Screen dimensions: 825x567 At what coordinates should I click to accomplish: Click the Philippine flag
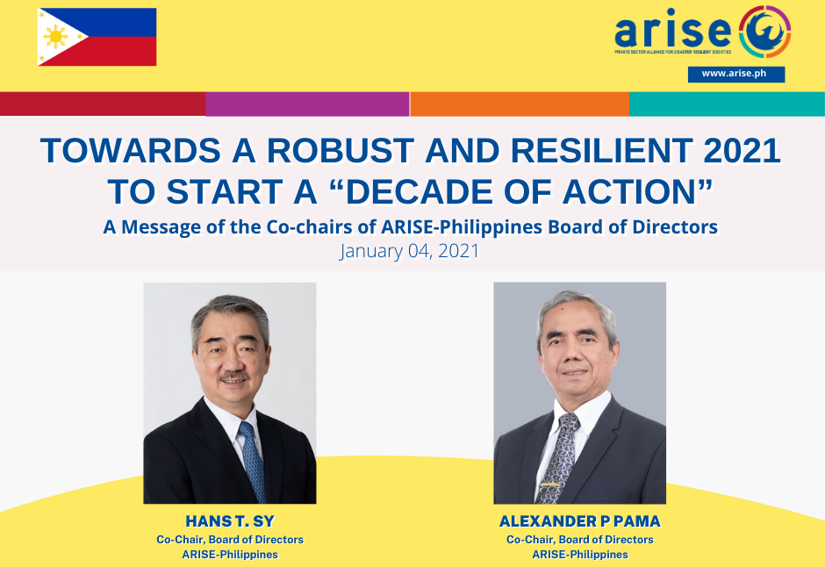coord(97,37)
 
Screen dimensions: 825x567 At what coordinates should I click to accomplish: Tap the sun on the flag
coord(55,37)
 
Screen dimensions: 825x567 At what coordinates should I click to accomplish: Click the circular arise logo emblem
coord(764,32)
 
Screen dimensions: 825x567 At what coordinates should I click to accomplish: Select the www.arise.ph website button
coord(736,74)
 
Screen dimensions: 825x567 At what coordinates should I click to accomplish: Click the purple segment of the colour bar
coord(307,104)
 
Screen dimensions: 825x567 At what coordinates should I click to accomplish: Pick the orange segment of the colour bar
coord(520,104)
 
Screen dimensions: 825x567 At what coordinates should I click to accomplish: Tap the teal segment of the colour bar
coord(727,104)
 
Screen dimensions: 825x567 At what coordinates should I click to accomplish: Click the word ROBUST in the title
coord(340,151)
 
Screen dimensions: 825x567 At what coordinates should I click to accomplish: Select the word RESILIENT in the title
coord(601,151)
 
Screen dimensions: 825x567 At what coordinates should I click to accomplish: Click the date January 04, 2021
coord(409,251)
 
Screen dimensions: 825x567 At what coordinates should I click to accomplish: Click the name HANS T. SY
coord(230,521)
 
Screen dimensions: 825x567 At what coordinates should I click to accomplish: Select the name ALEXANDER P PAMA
coord(580,521)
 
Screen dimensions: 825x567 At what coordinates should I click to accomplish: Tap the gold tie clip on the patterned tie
coord(549,484)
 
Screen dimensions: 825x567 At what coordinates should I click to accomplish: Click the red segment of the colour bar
coord(103,104)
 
